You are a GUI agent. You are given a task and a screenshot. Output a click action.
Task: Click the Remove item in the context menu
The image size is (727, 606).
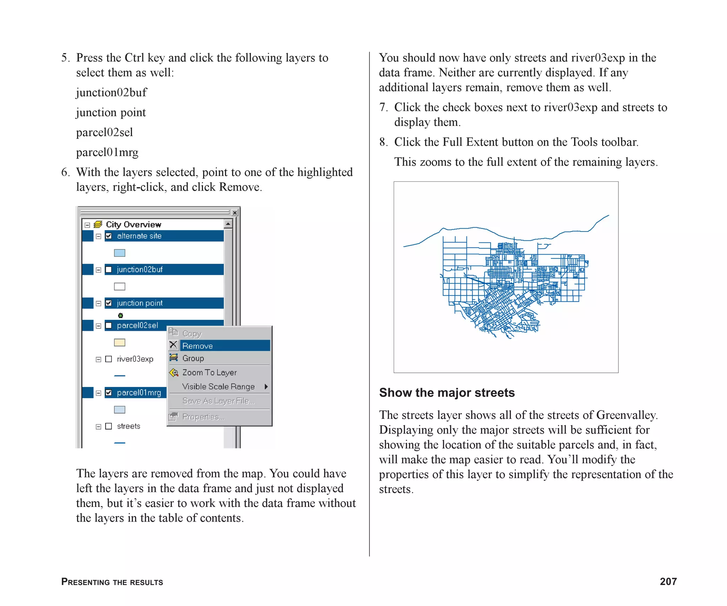point(197,346)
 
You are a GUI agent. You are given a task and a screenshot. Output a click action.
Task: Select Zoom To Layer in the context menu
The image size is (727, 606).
point(209,372)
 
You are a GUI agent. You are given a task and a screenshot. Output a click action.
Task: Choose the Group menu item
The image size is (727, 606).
point(193,358)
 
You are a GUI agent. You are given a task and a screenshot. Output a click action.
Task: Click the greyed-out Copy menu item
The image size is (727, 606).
point(192,333)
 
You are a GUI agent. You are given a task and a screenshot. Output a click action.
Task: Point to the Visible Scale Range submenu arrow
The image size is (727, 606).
point(266,387)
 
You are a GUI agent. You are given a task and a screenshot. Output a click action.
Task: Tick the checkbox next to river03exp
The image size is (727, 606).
point(109,359)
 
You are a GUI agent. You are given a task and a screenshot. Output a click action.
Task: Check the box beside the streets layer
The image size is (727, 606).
point(109,426)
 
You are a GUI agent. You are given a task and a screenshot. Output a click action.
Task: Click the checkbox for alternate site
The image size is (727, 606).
point(109,236)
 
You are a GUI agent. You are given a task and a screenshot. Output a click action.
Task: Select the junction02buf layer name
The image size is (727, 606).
point(140,269)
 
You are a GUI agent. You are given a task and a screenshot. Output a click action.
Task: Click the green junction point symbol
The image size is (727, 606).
point(120,315)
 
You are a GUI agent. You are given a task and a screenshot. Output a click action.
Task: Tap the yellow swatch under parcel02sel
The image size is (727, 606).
point(120,343)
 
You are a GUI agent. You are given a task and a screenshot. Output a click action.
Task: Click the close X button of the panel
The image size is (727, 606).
point(235,213)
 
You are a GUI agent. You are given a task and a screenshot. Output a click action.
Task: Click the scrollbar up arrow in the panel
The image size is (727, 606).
point(228,224)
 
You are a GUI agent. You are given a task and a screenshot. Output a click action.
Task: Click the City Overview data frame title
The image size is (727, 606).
point(133,224)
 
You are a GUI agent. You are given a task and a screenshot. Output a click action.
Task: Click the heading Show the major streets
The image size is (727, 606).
point(447,393)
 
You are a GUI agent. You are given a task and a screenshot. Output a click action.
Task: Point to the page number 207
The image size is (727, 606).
point(668,582)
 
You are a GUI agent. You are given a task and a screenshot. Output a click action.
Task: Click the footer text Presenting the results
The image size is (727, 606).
point(112,582)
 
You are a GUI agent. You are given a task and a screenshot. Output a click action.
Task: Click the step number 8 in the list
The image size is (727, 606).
point(383,142)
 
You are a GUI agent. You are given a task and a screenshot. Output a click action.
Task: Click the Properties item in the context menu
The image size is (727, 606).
point(203,416)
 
